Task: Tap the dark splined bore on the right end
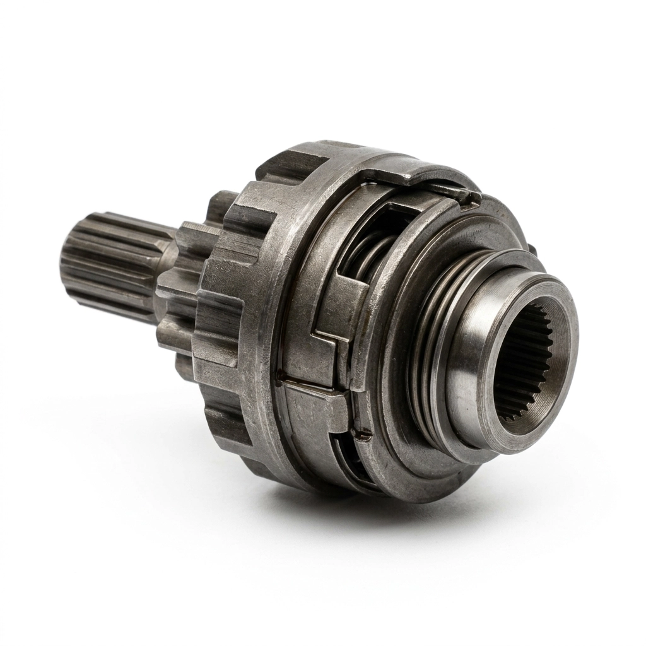tap(524, 366)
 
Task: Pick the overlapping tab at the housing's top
tap(435, 183)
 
